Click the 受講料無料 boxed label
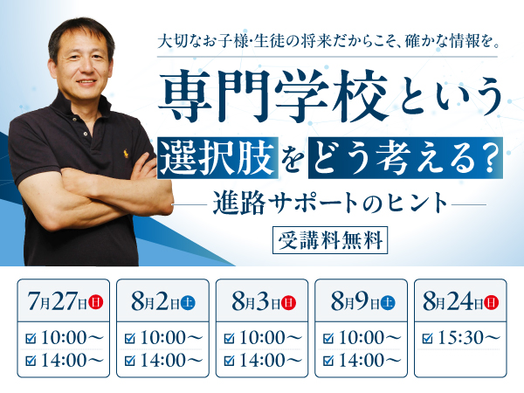coord(330,240)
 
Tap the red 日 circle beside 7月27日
coord(95,302)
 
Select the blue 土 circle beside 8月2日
coord(188,303)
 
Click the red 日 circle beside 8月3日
coord(288,303)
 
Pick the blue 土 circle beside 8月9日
coord(388,303)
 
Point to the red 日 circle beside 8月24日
coord(491,302)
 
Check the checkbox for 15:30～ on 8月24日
coord(427,338)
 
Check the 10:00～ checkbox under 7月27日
coord(31,338)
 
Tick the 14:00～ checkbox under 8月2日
coord(129,360)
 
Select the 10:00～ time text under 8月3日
coord(271,337)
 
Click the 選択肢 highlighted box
coord(217,157)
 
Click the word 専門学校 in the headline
coord(272,96)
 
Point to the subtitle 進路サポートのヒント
coord(330,203)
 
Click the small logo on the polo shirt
coord(126,154)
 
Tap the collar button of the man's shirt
coord(86,134)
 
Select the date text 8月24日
coord(452,302)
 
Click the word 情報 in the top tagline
coord(462,42)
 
